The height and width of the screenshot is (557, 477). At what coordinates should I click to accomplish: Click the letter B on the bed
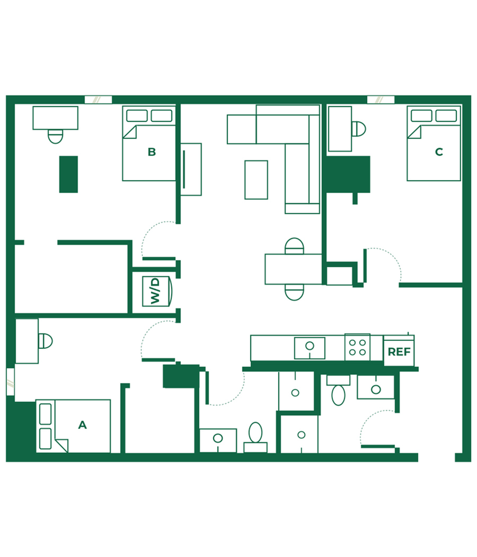152,152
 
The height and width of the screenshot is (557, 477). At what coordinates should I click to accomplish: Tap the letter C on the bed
439,152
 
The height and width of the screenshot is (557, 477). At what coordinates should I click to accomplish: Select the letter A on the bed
82,425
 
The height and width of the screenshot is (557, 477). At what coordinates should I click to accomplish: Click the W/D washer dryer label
156,291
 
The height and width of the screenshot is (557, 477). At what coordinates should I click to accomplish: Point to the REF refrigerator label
399,352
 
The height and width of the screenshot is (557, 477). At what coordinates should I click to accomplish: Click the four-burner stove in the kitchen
357,347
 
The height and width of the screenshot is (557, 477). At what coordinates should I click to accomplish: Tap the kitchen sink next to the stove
310,348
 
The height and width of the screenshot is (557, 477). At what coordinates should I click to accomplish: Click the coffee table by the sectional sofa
256,180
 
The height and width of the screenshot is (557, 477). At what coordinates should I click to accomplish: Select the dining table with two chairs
294,269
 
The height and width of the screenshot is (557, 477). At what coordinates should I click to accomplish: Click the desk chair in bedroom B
56,136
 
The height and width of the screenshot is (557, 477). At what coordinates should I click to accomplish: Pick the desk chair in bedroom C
359,129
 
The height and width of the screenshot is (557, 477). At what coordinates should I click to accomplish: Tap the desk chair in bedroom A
46,341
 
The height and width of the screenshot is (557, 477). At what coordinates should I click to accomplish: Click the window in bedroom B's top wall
98,100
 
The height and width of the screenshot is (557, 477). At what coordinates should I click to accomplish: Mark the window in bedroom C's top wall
381,100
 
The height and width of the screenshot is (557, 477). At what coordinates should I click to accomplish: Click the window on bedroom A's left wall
10,382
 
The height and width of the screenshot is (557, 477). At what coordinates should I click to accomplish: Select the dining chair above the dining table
295,246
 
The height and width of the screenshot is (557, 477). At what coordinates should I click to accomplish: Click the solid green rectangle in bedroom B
68,174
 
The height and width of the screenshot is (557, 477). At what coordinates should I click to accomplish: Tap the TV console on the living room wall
191,170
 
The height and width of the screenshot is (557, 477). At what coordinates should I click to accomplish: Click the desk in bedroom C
340,129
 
